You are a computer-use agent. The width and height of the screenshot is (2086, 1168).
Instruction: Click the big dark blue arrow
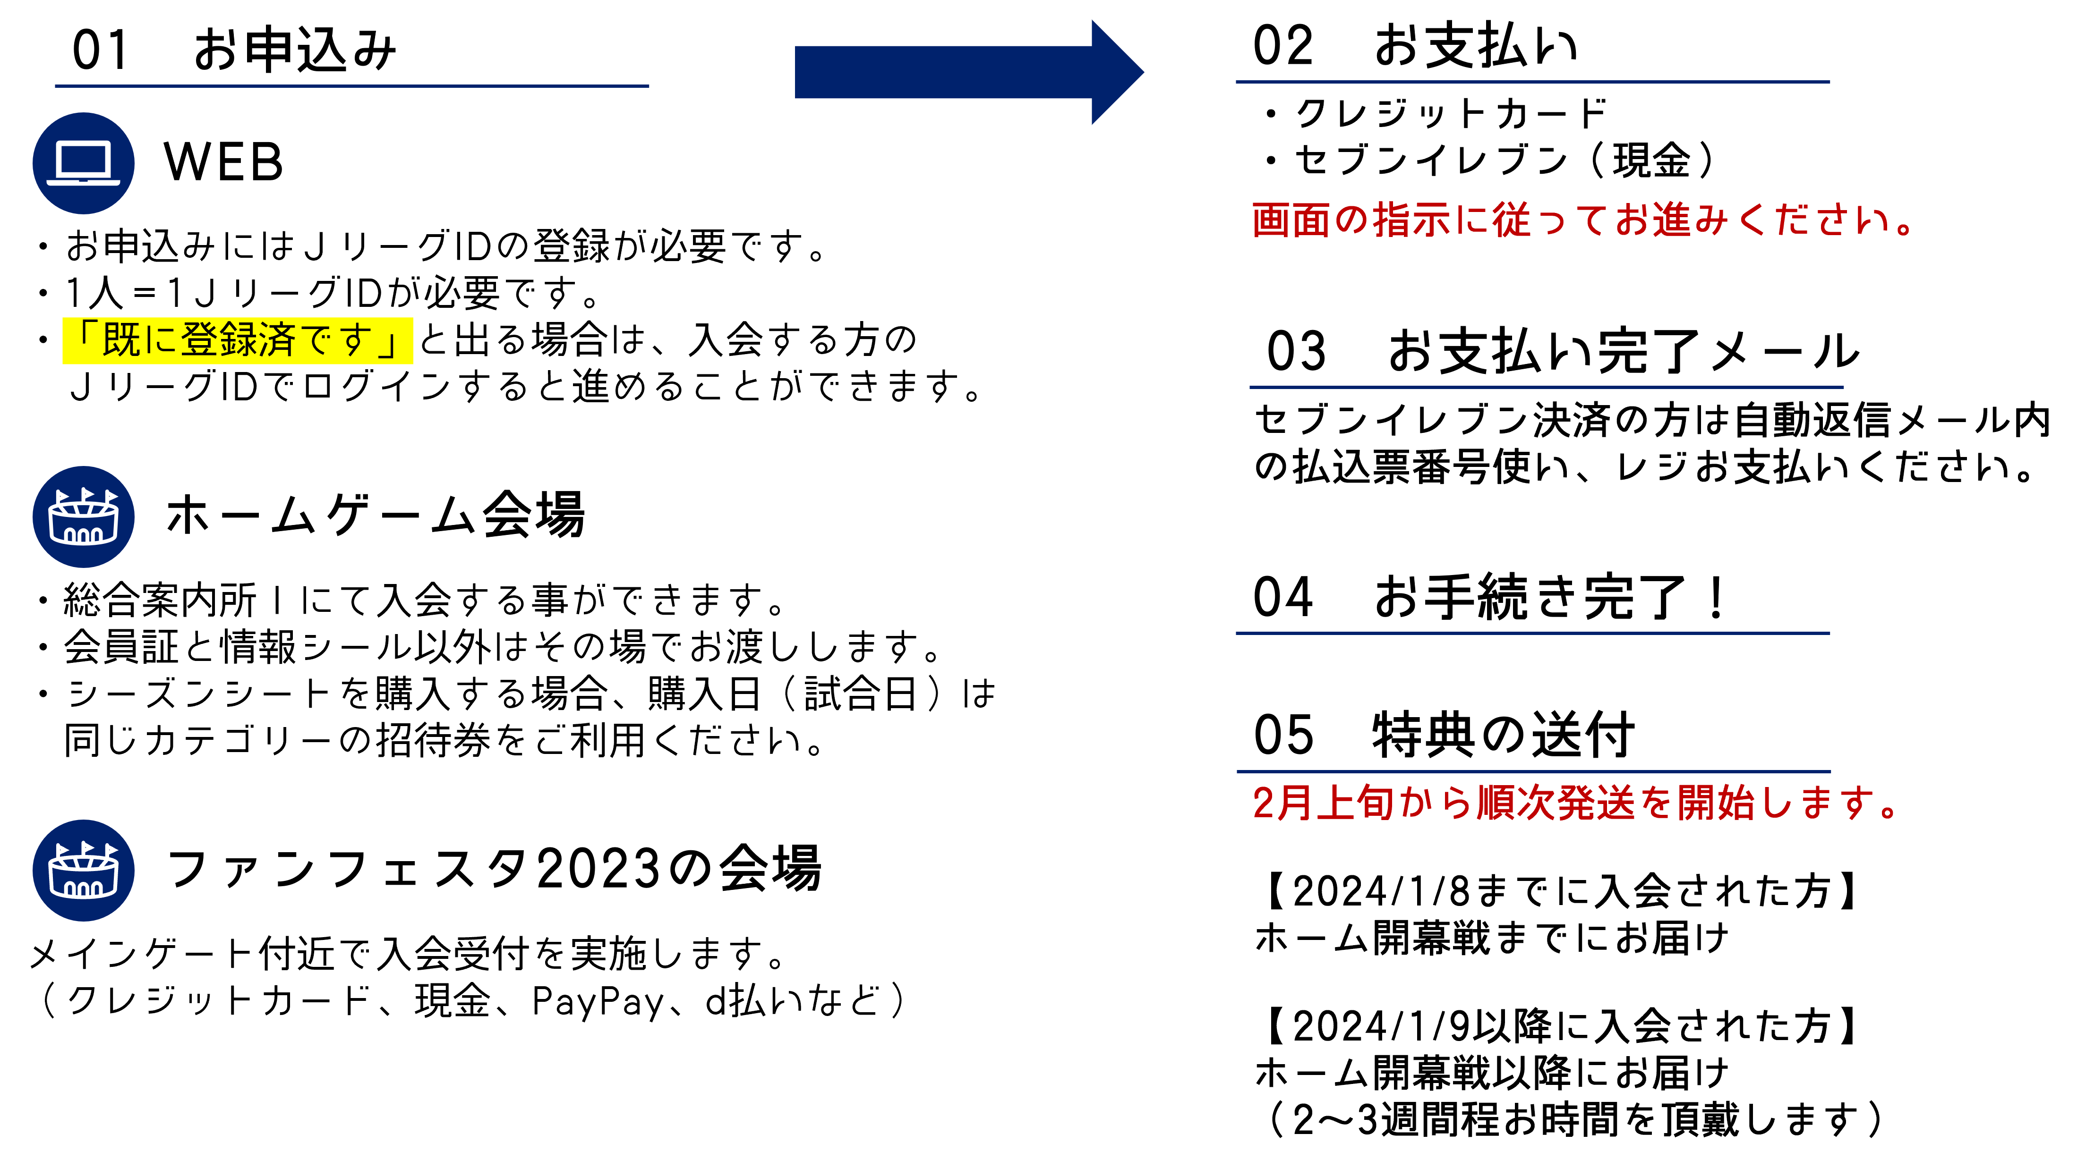969,72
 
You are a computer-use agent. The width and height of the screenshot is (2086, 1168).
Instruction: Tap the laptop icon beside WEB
84,163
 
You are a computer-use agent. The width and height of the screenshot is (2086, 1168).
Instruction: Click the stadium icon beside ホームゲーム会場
84,516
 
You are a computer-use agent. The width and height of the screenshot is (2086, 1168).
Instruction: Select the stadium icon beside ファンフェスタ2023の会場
84,870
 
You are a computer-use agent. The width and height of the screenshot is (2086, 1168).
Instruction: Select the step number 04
1282,597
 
